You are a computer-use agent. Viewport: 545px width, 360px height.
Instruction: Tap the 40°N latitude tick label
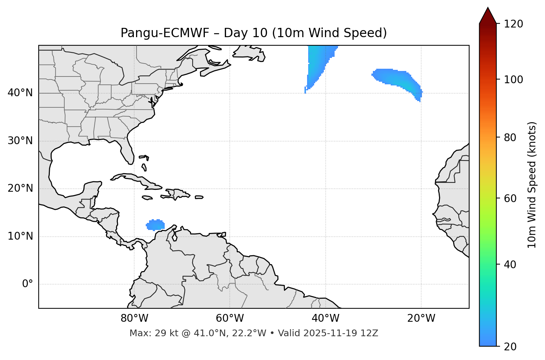(20, 93)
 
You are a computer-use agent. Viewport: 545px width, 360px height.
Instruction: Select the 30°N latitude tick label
(20, 141)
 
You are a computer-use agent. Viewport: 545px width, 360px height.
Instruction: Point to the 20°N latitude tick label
(20, 188)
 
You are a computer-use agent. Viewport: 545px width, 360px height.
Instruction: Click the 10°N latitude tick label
(20, 236)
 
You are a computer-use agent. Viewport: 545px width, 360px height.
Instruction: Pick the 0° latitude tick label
(28, 284)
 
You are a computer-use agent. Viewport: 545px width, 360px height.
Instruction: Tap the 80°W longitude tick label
(134, 318)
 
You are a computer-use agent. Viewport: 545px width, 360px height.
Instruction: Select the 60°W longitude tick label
(230, 318)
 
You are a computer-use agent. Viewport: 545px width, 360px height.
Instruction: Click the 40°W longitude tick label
(326, 318)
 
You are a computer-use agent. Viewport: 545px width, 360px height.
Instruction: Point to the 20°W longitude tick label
(421, 318)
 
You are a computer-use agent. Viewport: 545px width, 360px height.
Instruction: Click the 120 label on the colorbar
(513, 24)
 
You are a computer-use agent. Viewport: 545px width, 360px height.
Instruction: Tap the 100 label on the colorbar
(513, 80)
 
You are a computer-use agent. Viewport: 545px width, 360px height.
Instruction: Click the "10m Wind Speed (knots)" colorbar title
(532, 185)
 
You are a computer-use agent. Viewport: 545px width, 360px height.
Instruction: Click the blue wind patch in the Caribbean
(155, 225)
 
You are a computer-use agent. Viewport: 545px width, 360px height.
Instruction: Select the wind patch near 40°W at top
(318, 61)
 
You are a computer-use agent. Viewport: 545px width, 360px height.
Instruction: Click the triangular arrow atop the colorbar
(488, 16)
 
